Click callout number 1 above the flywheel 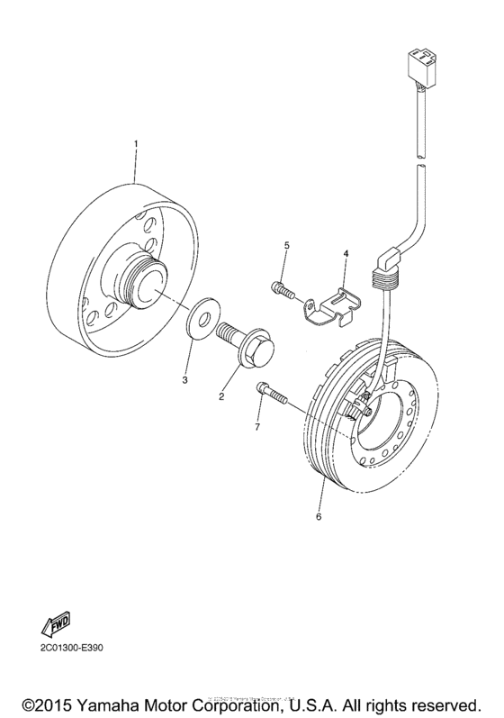[x=136, y=145]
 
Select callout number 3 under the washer [x=184, y=380]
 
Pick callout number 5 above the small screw [x=287, y=246]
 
